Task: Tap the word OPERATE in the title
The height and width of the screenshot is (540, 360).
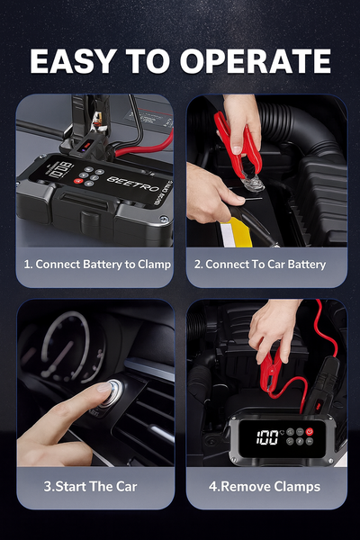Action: (x=256, y=60)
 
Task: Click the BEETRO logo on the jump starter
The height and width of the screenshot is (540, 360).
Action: (x=133, y=184)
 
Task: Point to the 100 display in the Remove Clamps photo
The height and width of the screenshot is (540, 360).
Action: (x=267, y=437)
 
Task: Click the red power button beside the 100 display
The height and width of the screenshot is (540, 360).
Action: (x=310, y=431)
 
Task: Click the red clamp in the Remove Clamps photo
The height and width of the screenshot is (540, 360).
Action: (x=270, y=370)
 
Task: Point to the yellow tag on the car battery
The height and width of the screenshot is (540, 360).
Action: (x=237, y=232)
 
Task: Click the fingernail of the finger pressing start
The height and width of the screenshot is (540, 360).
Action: (x=104, y=387)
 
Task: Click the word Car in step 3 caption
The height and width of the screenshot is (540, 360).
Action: (x=126, y=486)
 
